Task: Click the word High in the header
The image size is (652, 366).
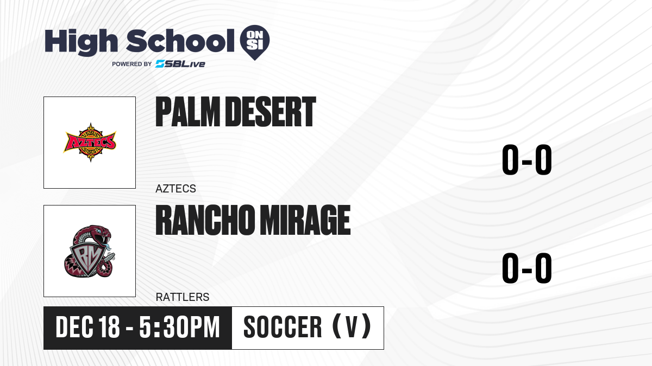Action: (81, 42)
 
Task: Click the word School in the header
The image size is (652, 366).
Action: (180, 41)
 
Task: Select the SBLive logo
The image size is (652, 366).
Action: (180, 64)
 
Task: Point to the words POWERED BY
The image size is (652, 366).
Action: (132, 64)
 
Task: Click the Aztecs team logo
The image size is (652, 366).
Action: (90, 142)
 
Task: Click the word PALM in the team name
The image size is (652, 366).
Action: (187, 112)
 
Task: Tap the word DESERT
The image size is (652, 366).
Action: (271, 112)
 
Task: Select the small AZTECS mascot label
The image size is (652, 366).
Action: (175, 189)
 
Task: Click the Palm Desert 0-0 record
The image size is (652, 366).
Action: (527, 159)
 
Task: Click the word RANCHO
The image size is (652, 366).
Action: (205, 220)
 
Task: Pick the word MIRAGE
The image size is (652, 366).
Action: (305, 220)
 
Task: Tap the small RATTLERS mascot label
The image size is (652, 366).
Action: (183, 297)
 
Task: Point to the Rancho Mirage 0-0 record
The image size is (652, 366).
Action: (527, 268)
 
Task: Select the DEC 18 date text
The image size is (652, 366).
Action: (87, 328)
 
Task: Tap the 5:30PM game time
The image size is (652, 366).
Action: (179, 328)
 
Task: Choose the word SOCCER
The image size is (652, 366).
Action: (283, 328)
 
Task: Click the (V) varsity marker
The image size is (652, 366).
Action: (352, 327)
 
